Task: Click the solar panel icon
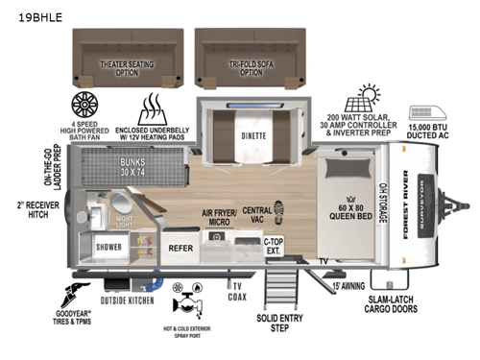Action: pos(366,97)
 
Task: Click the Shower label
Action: pos(108,246)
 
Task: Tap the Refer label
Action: pos(181,246)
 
